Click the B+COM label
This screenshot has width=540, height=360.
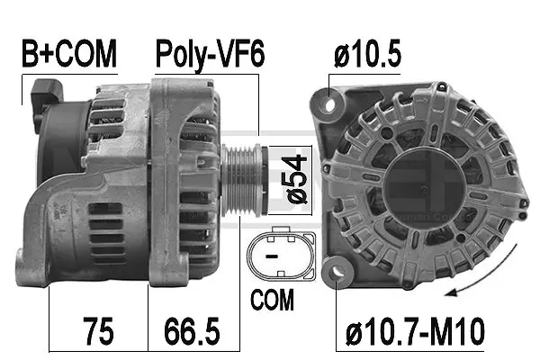[69, 55]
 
